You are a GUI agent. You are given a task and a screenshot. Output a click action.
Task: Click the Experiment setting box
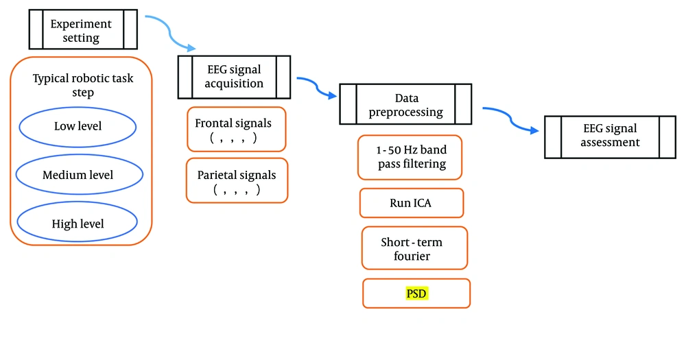pos(83,29)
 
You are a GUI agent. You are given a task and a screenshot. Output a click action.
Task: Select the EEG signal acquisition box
pos(234,77)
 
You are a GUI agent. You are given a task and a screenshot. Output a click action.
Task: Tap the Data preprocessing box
pos(405,104)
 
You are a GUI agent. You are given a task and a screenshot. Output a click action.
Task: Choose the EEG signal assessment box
pos(610,137)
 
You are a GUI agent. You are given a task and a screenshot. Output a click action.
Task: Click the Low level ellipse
pos(78,127)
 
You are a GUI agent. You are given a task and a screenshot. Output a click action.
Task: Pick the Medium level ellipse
pos(79,175)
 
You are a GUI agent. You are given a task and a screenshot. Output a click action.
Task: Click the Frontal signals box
pos(236,130)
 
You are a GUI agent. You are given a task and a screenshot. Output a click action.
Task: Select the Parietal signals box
pos(237,180)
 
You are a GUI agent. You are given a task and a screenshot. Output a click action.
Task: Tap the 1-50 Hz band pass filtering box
pos(410,158)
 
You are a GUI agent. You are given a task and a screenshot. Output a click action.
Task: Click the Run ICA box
pos(411,203)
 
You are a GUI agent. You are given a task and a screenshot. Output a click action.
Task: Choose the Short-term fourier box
pos(414,248)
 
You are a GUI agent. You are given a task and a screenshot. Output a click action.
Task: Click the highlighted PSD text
pos(416,293)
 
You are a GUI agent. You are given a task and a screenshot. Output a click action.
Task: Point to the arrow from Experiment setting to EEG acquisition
pos(169,32)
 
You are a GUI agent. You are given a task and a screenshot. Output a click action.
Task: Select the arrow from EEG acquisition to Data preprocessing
pos(317,86)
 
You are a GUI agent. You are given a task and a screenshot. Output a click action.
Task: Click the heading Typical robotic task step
pos(83,85)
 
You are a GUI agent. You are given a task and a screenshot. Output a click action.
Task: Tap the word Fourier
pos(412,256)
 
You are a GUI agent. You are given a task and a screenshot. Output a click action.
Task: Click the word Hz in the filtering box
pos(410,149)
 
